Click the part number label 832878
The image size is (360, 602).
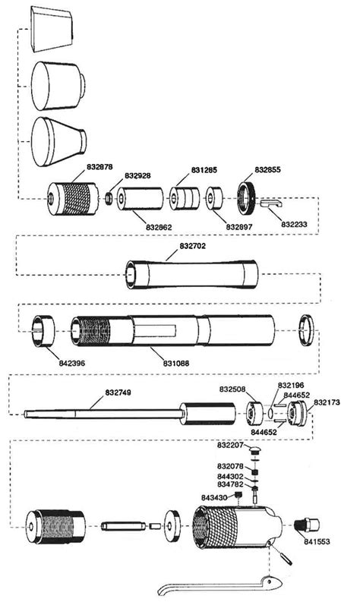coord(99,166)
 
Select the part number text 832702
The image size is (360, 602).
coord(193,247)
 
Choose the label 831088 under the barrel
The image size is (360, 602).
coord(176,363)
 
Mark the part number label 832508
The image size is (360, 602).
coord(232,389)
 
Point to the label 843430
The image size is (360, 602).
coord(214,497)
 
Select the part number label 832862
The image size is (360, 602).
coord(159,227)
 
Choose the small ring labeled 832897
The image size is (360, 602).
coord(215,199)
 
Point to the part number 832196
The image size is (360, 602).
coord(291,385)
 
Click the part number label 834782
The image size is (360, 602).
coord(230,484)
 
